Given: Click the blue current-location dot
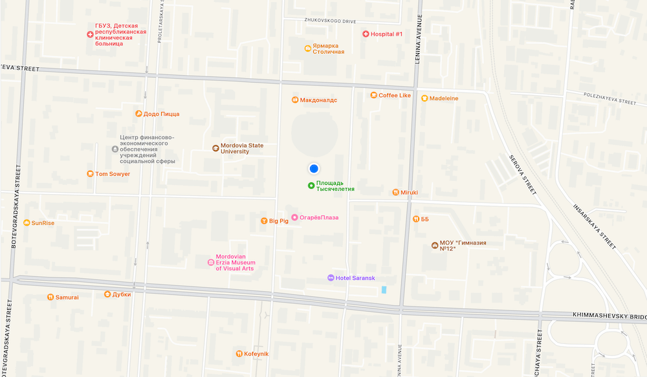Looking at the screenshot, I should (314, 169).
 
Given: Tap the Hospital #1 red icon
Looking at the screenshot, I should (366, 34).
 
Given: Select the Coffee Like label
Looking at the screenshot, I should (395, 96).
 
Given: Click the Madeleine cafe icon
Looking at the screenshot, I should (424, 98).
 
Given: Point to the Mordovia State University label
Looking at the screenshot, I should (242, 148).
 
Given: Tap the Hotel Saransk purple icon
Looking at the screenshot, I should (331, 278).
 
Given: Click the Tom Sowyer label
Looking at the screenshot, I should (113, 174).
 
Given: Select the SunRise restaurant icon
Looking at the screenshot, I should (26, 223).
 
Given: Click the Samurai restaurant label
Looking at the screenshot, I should (67, 297).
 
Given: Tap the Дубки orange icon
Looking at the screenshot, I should (107, 294).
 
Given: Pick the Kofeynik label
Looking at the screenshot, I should (256, 354).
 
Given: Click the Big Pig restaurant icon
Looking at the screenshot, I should (264, 221).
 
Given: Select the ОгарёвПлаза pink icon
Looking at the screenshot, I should (294, 217).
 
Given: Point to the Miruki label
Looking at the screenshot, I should (410, 192).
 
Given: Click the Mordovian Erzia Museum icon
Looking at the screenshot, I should (210, 263).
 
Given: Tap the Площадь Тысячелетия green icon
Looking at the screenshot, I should (311, 186).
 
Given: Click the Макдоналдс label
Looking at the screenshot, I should (318, 100).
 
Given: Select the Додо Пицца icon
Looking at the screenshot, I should (138, 114).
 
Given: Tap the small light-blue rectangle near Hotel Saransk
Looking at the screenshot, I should (384, 290).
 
